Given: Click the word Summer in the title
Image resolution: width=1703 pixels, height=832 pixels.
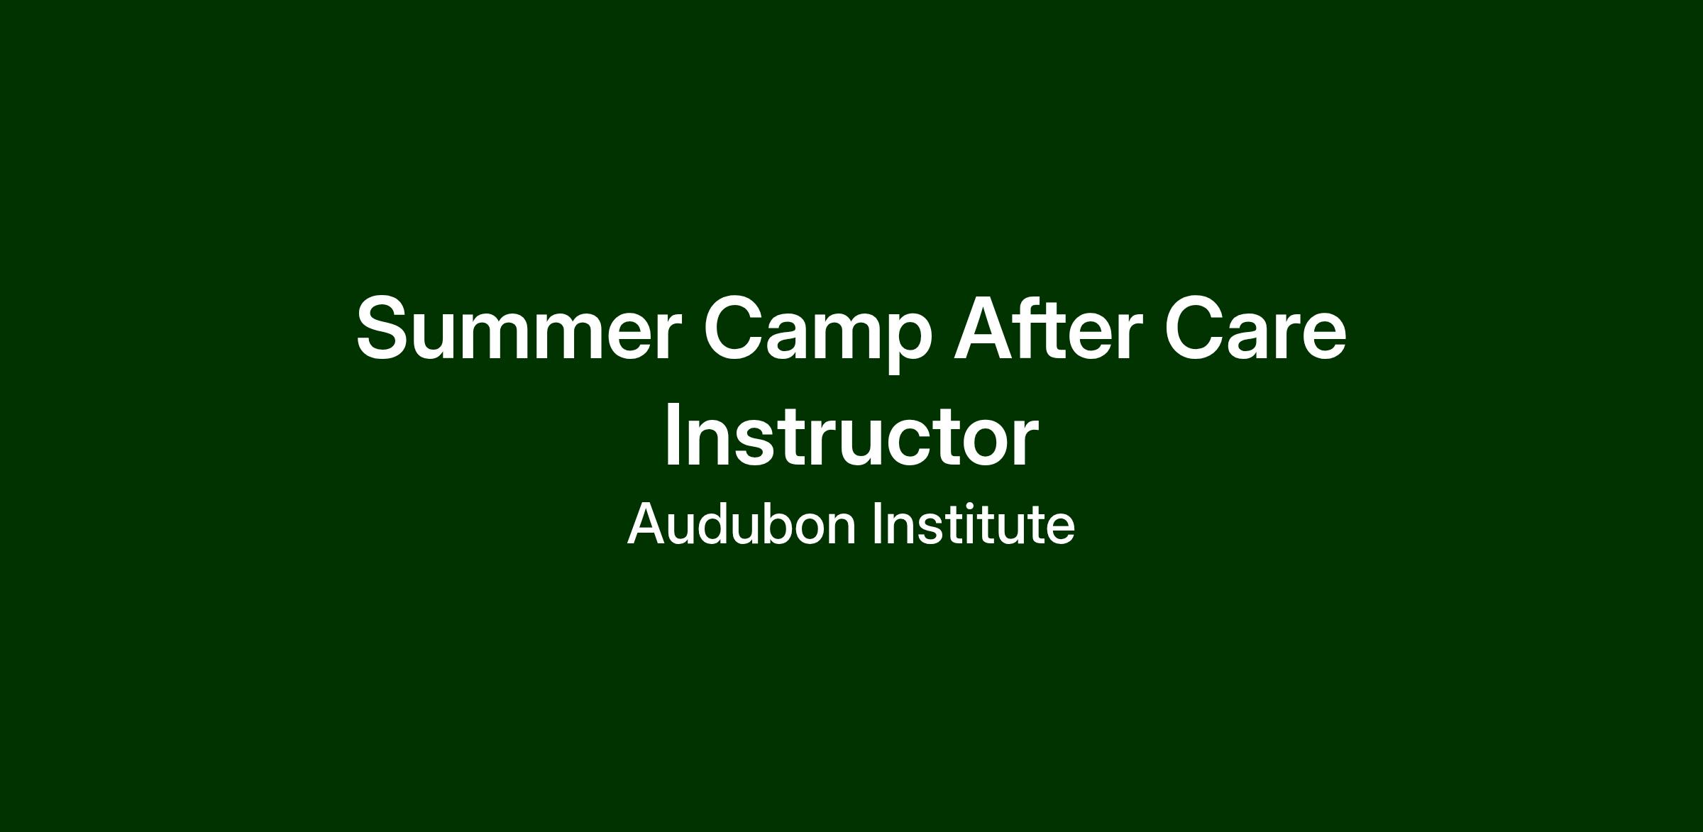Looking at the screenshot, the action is pos(519,328).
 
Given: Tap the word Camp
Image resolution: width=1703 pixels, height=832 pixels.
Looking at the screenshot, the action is pos(817,333).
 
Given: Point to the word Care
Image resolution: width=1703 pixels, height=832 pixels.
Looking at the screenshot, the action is pos(1255,328).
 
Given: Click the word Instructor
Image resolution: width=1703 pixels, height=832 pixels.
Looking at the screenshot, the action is pos(851,434).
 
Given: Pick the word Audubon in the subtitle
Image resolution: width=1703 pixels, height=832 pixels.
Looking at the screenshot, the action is pos(742,523).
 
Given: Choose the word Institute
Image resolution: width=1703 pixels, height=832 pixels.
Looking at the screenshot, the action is pos(974,523).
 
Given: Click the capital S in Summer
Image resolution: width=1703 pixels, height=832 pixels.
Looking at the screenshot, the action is pos(384,328).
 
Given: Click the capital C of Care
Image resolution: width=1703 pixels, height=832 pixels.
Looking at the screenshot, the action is pos(1196,328).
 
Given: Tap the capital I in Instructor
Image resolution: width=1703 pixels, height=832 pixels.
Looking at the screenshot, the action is pos(673,434).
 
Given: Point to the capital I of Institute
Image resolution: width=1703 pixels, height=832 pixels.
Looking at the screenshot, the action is pos(877,523).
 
